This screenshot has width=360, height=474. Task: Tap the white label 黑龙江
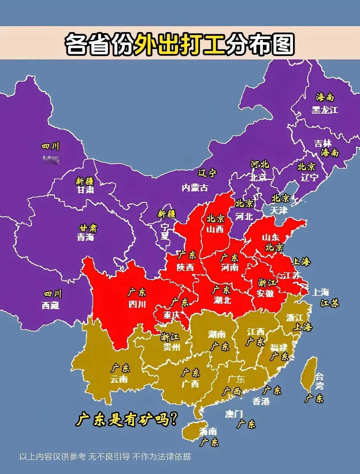(325, 110)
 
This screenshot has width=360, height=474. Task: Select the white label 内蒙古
(195, 187)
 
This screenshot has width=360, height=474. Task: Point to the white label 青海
(85, 237)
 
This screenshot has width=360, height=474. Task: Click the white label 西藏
(51, 305)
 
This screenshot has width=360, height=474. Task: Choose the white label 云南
(119, 379)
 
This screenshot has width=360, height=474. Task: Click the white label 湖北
(222, 300)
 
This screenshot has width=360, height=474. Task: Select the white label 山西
(215, 229)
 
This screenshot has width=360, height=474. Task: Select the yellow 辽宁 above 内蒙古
(207, 173)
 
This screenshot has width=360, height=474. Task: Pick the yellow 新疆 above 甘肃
(85, 181)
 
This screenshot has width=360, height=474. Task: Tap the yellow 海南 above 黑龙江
(325, 97)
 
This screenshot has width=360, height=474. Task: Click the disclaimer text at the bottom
(105, 456)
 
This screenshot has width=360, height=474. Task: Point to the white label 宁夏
(165, 231)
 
